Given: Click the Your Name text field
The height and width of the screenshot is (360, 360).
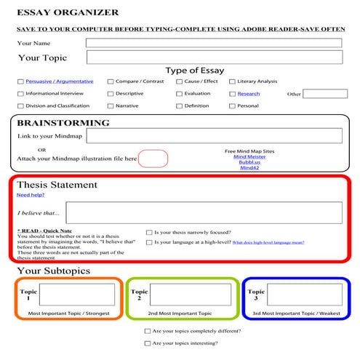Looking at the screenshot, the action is [x=213, y=43].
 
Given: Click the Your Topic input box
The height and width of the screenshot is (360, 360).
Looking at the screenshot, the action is [x=213, y=57].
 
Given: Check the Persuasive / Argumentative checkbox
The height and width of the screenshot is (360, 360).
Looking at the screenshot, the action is [x=20, y=81].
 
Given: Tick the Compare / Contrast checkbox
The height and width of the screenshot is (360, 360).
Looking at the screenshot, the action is [x=111, y=81].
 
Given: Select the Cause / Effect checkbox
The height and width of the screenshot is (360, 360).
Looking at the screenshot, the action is [x=179, y=81].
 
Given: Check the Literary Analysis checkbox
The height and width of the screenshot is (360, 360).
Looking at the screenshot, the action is [x=232, y=81].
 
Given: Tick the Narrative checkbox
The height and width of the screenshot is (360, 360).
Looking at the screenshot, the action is [x=111, y=105].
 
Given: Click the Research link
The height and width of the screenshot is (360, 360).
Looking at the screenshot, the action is [x=248, y=94].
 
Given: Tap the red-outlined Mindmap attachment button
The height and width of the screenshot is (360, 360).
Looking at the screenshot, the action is [x=153, y=158].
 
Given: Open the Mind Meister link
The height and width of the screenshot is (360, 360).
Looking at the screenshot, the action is [x=249, y=156].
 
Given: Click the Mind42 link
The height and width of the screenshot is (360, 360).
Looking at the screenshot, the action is [x=249, y=168].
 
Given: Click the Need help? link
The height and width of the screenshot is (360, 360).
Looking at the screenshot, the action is [x=30, y=195].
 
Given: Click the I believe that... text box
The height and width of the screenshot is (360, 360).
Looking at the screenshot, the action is [x=203, y=212].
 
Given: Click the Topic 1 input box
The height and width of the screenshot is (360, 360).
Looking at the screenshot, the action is [x=76, y=295].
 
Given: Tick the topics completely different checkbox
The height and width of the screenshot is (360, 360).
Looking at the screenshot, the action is [x=148, y=330].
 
